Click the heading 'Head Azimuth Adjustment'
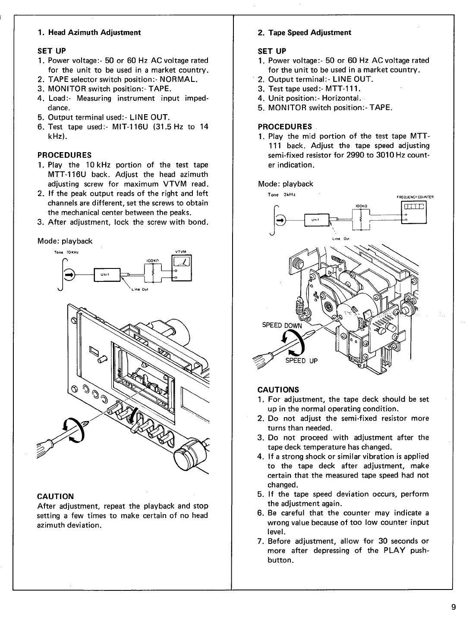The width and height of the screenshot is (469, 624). pos(94,32)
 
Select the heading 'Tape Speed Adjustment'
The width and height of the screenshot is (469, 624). pos(309,32)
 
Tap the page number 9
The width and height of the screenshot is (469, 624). pos(453,608)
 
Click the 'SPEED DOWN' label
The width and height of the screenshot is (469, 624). pos(283,325)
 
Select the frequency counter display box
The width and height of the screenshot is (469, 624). pos(414,206)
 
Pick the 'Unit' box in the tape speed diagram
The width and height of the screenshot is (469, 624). pos(317,220)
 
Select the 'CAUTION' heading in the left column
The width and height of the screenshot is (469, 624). pos(56,496)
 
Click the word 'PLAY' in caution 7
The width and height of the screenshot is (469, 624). pos(392,550)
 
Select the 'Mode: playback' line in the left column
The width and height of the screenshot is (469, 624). pos(65,241)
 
